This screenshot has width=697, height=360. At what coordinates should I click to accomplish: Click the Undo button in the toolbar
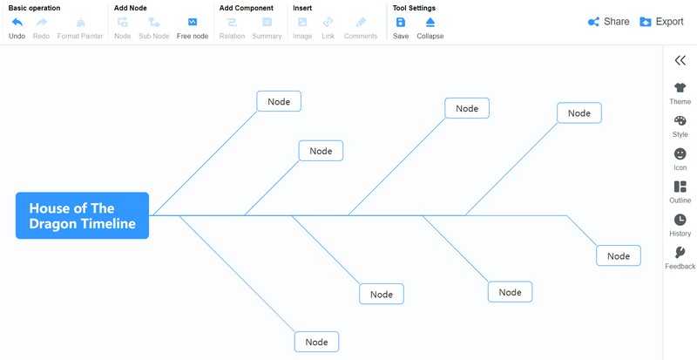point(17,28)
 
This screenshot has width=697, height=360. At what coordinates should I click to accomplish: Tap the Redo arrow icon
point(41,23)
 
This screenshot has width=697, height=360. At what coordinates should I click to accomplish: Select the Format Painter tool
point(80,28)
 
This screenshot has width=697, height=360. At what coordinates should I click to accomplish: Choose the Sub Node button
point(154,28)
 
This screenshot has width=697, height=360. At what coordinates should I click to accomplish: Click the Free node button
point(193,28)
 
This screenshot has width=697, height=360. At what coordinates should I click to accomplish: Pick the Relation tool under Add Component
point(232,28)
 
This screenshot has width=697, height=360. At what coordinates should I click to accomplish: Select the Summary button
point(267,28)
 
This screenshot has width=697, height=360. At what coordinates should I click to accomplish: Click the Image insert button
point(302,28)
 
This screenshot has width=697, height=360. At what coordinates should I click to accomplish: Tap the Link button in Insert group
point(328,28)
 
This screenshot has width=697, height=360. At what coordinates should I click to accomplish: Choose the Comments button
point(361,28)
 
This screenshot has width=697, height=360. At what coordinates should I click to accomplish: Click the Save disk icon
point(401,23)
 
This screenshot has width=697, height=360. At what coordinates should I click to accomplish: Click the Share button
point(608,22)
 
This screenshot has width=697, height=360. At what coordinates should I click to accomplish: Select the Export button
point(661,22)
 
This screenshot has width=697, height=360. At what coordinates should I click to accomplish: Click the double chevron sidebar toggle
point(680,60)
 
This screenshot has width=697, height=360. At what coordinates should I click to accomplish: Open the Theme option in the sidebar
point(680,93)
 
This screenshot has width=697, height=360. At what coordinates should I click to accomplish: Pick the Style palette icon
point(680,120)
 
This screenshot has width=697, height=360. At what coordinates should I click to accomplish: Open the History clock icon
point(680,220)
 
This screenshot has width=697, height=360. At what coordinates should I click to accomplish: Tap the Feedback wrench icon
point(680,252)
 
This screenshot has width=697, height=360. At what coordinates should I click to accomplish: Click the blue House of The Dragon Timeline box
point(82,215)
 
